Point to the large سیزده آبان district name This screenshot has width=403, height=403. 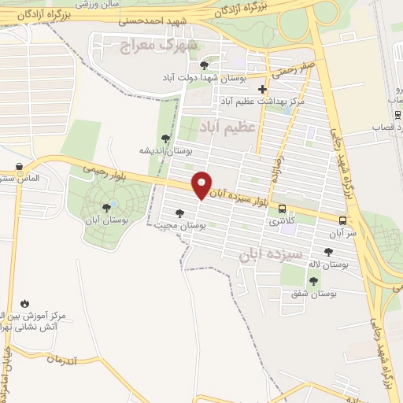pos(268,256)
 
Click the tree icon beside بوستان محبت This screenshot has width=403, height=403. pos(179,213)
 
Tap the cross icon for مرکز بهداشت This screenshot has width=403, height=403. pos(262,89)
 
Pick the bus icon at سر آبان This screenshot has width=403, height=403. pos(342,220)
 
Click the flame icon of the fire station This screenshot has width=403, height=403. pos(24,302)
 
